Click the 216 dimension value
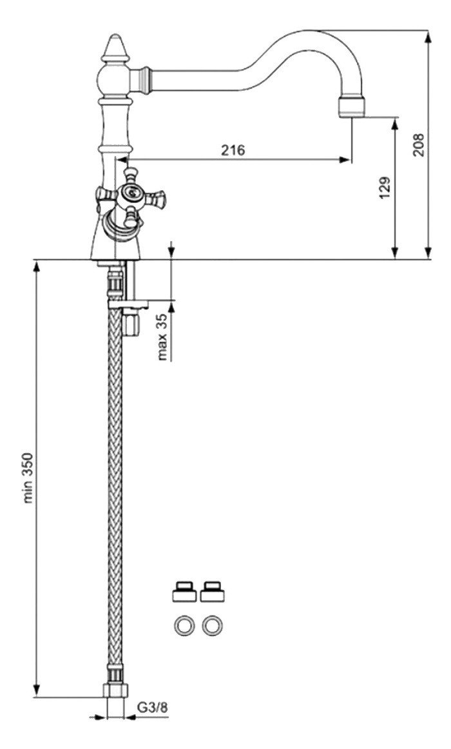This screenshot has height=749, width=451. pos(233,150)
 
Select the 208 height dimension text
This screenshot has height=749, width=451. pos(419,144)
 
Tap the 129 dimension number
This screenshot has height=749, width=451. pos(385,188)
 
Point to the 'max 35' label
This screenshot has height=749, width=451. pos(163,336)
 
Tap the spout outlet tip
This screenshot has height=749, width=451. pos(353,107)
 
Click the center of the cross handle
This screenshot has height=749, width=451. pos(130,193)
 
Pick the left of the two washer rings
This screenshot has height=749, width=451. pos(184,625)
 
